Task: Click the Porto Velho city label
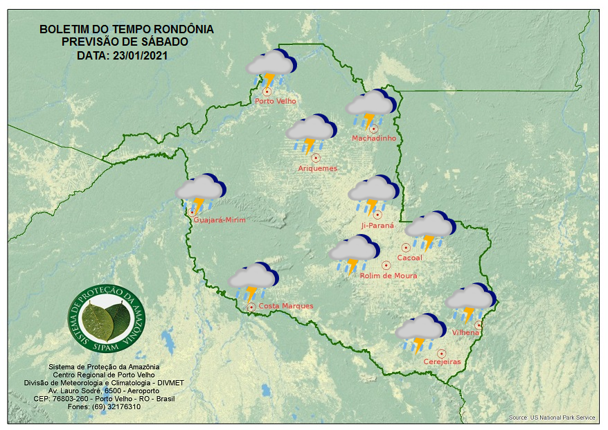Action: (x=276, y=101)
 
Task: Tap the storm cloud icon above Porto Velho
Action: (x=271, y=68)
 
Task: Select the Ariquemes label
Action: (x=318, y=168)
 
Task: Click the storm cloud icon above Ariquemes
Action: (x=310, y=133)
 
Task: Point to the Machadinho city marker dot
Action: (x=373, y=129)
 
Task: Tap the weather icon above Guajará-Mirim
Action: (x=200, y=192)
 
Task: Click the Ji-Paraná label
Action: (x=377, y=226)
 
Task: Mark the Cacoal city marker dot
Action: (x=406, y=248)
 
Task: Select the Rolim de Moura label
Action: (x=388, y=276)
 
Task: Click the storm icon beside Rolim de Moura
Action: (x=353, y=254)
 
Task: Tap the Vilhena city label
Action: (x=465, y=333)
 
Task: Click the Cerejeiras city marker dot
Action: (x=441, y=354)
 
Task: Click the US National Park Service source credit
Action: (x=551, y=418)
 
